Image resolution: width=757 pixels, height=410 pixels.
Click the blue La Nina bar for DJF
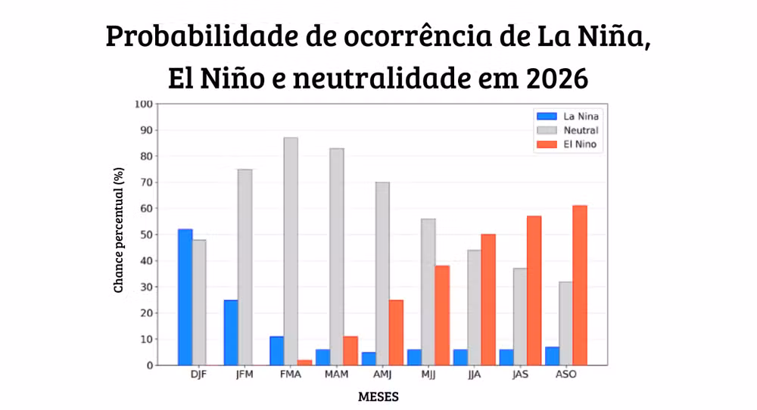tap(185, 297)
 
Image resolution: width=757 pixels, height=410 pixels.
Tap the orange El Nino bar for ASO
tap(580, 285)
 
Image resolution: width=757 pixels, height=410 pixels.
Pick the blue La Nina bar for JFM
tap(231, 333)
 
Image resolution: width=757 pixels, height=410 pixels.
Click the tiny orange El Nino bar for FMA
tap(305, 362)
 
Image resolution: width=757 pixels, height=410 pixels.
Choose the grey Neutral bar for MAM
tap(337, 256)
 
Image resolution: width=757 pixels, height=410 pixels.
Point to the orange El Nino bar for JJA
tap(488, 300)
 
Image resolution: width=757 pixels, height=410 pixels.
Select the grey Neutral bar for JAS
tap(520, 317)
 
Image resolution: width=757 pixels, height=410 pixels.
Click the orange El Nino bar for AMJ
tap(396, 333)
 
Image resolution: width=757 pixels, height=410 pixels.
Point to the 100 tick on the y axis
tap(144, 104)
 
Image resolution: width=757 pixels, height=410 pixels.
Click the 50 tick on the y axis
tap(146, 235)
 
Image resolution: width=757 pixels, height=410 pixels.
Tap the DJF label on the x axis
tap(199, 375)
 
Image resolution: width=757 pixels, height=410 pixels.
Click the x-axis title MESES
tap(378, 396)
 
